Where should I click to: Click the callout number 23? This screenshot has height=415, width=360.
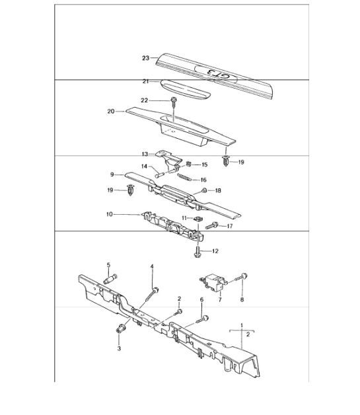click(145, 58)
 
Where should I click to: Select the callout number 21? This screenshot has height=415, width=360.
click(145, 81)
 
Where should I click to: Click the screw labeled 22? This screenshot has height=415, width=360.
click(174, 102)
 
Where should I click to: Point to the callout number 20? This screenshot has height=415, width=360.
click(111, 112)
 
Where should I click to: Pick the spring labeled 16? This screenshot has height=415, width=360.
click(184, 177)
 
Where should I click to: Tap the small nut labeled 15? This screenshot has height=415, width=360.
click(189, 164)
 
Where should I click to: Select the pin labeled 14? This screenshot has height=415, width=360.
click(159, 174)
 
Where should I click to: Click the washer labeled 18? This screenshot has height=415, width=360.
click(204, 190)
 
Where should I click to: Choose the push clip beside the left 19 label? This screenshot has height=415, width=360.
click(130, 190)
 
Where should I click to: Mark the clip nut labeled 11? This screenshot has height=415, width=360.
click(198, 219)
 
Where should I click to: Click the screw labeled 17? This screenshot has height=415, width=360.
click(211, 226)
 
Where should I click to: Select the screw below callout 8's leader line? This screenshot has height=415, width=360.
click(241, 277)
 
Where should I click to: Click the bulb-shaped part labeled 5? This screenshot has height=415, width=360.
click(110, 279)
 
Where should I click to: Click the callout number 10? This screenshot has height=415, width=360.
click(109, 214)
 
